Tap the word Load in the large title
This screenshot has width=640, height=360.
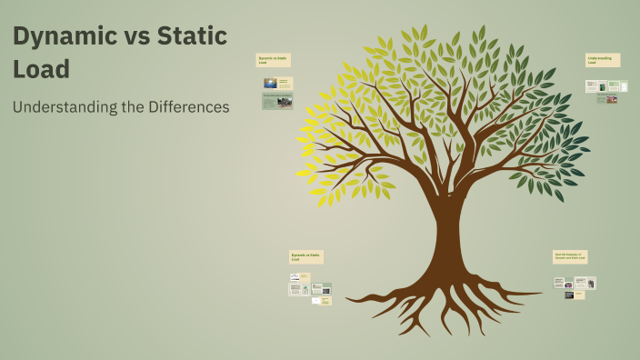41,69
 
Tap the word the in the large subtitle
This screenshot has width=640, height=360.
129,107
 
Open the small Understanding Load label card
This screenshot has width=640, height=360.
603,60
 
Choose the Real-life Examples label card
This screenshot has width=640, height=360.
572,256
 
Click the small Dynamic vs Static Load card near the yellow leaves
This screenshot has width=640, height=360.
273,60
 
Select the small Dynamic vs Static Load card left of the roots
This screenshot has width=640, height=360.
305,256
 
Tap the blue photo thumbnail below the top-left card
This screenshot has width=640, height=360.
270,83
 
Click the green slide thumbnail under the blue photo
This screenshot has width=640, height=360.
277,101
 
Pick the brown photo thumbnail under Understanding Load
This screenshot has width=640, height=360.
612,99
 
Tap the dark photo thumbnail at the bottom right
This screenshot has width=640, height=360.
569,295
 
